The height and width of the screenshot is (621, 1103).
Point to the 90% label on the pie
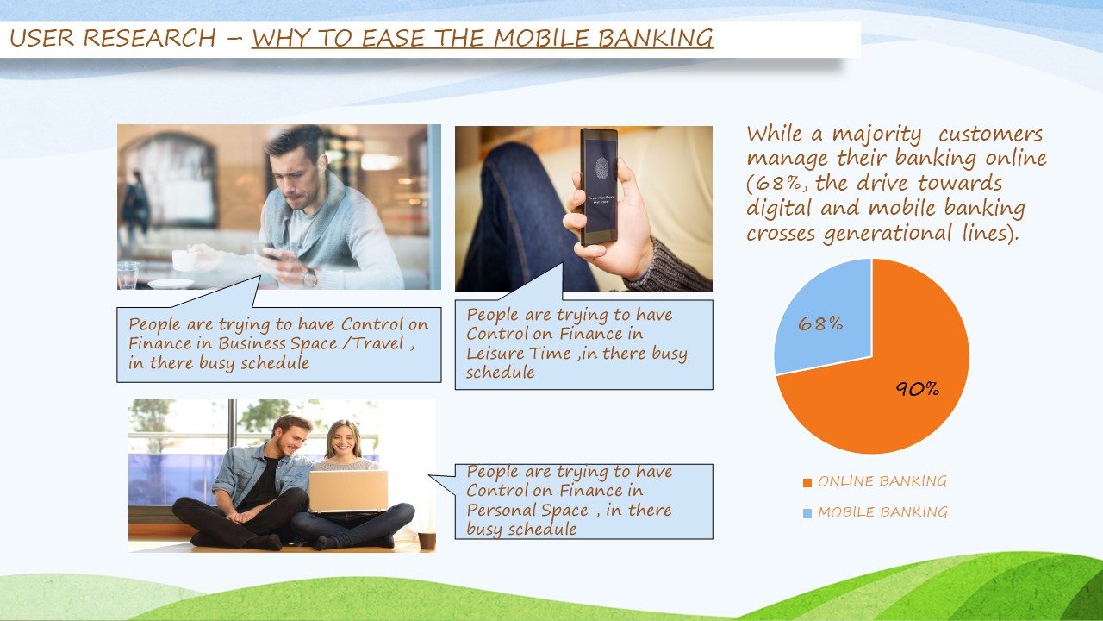[x=918, y=389]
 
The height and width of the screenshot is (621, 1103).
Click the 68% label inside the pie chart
[x=820, y=323]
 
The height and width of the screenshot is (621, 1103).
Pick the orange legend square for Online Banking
[x=807, y=482]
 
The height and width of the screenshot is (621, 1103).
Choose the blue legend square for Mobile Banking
[x=807, y=513]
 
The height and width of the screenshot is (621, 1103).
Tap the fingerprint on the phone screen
[x=601, y=168]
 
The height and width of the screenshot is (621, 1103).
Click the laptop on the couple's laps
[x=348, y=492]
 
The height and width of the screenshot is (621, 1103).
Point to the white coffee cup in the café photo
[x=184, y=260]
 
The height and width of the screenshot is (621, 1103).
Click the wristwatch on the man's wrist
[x=309, y=278]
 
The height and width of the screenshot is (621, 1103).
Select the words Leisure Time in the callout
[x=519, y=354]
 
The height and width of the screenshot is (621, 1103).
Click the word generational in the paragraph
[x=888, y=233]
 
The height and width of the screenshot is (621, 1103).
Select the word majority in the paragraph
[x=876, y=134]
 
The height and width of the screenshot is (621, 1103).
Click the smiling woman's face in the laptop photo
[x=343, y=440]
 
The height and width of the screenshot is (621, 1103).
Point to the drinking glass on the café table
[x=128, y=275]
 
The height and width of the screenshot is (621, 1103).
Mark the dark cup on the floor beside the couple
[x=427, y=540]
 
